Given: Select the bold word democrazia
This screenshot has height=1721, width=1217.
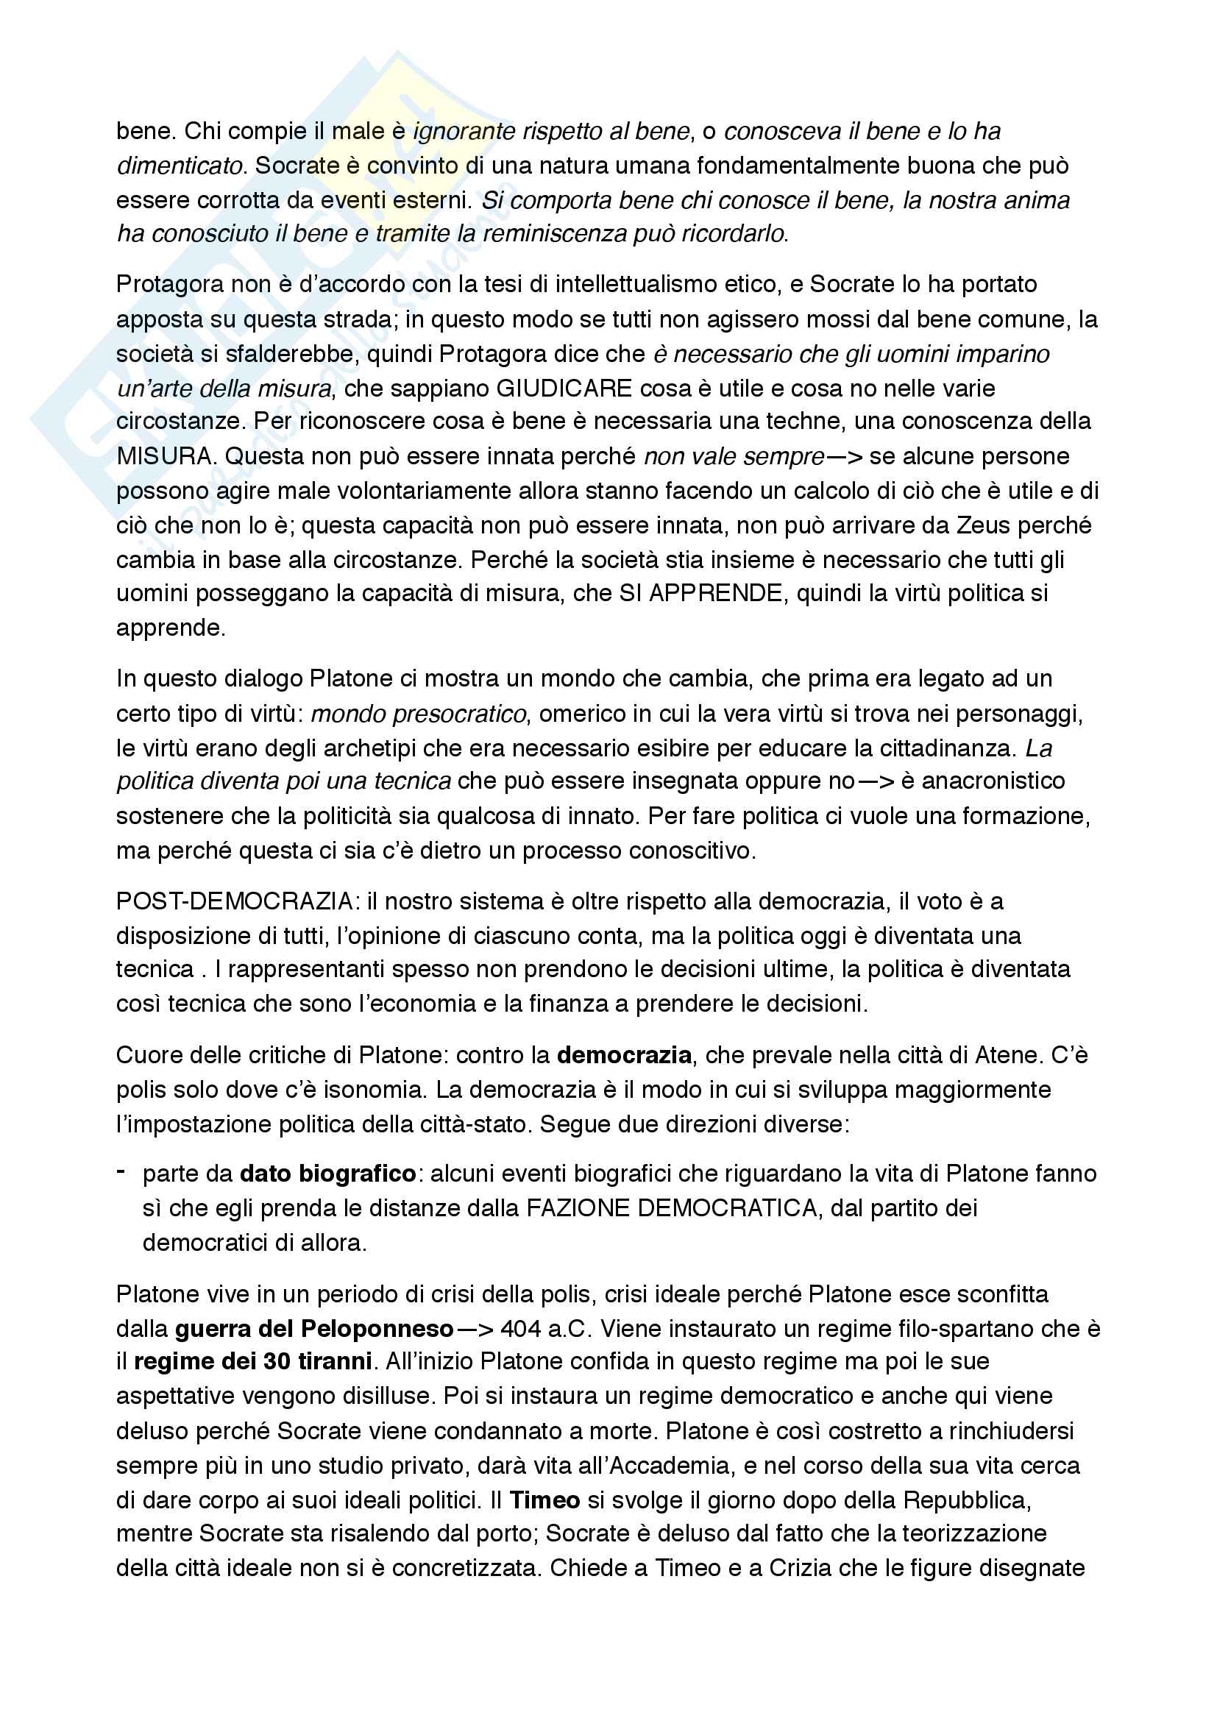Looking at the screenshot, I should tap(623, 1054).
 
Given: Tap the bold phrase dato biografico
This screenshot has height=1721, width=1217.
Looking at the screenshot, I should tap(327, 1173).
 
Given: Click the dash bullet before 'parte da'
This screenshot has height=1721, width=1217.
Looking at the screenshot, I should tap(121, 1171).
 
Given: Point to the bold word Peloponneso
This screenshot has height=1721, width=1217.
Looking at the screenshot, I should tap(377, 1329).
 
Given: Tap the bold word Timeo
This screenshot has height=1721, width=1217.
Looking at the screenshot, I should tap(544, 1500).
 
